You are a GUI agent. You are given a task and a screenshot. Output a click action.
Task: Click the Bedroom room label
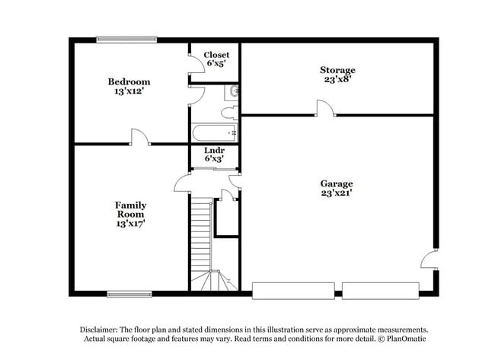(x=129, y=81)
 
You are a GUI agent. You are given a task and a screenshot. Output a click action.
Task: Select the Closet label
(x=216, y=55)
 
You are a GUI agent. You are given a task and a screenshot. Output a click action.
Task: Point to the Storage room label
(x=337, y=70)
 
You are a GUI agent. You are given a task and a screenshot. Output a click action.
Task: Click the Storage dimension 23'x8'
(x=337, y=80)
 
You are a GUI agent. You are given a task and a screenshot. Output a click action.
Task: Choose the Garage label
(x=336, y=183)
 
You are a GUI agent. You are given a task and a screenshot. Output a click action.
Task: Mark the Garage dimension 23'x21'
(x=336, y=193)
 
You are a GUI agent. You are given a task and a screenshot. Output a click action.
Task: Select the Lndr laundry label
(x=214, y=151)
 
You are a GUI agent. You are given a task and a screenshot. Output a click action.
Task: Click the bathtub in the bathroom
(x=215, y=134)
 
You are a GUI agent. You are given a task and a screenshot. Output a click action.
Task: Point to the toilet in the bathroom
(x=228, y=113)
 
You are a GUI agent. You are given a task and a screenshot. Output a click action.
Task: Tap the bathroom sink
(x=233, y=93)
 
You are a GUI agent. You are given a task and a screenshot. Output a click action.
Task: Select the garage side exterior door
(x=431, y=259)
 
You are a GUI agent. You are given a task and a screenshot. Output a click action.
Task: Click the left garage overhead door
(x=293, y=290)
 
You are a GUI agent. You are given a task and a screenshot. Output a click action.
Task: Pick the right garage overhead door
(x=380, y=290)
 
